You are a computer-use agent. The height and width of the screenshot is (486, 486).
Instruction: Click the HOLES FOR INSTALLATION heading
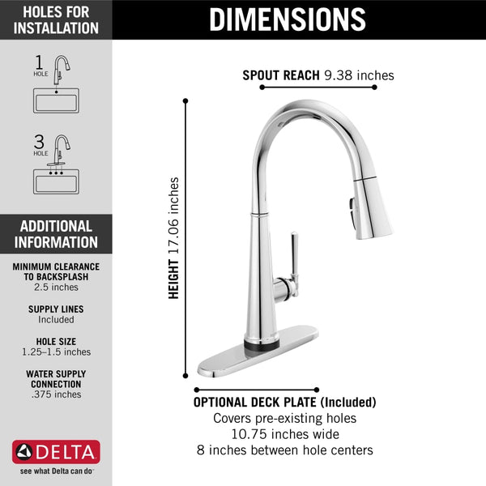(57, 19)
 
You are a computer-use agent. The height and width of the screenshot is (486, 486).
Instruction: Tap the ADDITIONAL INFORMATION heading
(57, 234)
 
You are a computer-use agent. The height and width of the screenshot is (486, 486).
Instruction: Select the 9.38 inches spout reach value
(358, 75)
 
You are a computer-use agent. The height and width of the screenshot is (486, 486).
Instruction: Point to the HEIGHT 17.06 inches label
(174, 238)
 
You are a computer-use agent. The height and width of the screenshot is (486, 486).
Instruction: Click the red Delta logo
(56, 451)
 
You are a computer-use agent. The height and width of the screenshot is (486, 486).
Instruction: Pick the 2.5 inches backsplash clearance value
(56, 287)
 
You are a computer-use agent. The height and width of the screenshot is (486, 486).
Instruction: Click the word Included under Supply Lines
(56, 320)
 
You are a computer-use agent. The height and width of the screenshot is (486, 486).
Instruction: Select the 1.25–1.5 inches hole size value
(56, 352)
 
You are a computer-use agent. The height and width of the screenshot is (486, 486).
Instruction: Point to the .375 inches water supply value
(56, 394)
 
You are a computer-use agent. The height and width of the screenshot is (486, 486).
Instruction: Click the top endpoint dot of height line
(186, 101)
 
